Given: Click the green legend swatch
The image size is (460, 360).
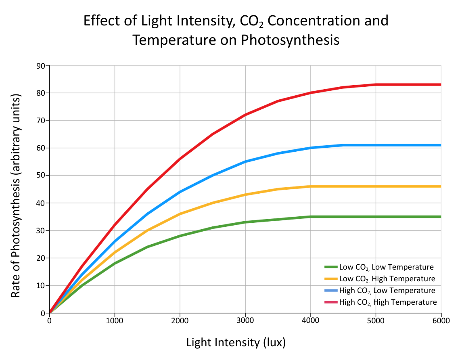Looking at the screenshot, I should (331, 267).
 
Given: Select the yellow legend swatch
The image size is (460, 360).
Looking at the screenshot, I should (331, 278).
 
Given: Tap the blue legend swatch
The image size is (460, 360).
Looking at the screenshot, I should (331, 290).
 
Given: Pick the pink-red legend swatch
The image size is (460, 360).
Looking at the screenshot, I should (331, 302).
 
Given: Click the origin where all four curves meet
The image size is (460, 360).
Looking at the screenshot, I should (50, 312).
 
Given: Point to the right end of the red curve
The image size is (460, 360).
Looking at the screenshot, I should (441, 84).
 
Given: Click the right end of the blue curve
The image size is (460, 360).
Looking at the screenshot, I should (441, 145).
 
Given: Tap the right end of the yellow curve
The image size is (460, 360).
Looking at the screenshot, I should (441, 186).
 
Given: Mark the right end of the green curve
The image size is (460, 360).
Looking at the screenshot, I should (441, 217).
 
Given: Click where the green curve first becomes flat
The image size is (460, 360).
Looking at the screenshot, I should (310, 217).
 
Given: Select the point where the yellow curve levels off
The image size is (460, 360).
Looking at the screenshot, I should (310, 186).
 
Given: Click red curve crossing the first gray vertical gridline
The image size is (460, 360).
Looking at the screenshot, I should (115, 224).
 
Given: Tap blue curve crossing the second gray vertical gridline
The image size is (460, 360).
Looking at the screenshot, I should (180, 191).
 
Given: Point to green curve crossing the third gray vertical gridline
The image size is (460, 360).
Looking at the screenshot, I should (245, 222).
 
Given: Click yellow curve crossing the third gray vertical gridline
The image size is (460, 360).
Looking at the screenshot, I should (245, 195).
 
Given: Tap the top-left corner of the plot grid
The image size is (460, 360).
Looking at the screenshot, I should (50, 65).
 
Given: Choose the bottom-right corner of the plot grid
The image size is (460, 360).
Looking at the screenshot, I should (441, 312).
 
